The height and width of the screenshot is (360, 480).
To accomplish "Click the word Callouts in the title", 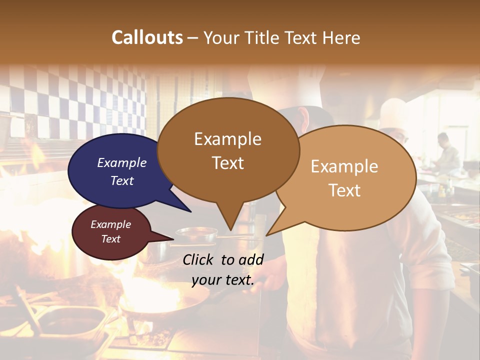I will point(147,37).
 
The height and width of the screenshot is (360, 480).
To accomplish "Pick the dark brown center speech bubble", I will point(228,150).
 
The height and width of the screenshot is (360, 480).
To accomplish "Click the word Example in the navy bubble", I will point(122,162).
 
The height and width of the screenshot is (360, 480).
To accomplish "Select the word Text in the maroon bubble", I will point(111,239).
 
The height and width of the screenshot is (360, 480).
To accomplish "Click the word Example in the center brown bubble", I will point(228,139).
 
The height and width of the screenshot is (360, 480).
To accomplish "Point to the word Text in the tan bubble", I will point(345,190).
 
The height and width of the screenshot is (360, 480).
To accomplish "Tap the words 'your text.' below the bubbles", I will point(223,280).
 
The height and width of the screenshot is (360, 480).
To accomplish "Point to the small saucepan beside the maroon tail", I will point(196,234).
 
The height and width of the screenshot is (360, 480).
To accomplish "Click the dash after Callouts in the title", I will point(193,38).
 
